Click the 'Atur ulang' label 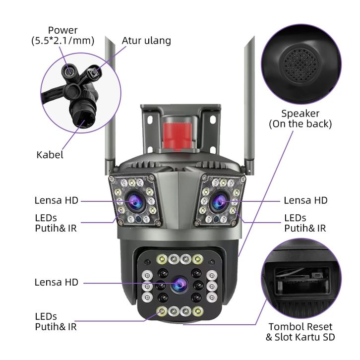click(x=146, y=41)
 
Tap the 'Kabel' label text click(x=50, y=155)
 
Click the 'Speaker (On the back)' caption click(x=300, y=119)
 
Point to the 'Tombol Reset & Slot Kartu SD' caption click(x=300, y=332)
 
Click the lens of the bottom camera click(x=179, y=284)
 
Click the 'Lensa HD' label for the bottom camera click(x=56, y=282)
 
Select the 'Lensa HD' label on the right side click(x=305, y=200)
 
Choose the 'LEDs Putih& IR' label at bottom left click(x=56, y=321)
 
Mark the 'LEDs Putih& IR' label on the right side click(x=305, y=223)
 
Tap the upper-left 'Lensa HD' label click(x=56, y=200)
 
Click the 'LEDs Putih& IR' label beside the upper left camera click(x=56, y=223)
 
